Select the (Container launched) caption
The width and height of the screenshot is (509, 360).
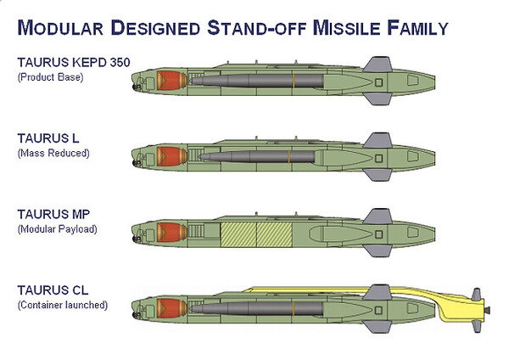63,303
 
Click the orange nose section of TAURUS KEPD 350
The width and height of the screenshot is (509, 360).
171,82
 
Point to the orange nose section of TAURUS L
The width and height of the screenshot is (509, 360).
171,156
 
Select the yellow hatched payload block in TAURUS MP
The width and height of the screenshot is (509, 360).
255,232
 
